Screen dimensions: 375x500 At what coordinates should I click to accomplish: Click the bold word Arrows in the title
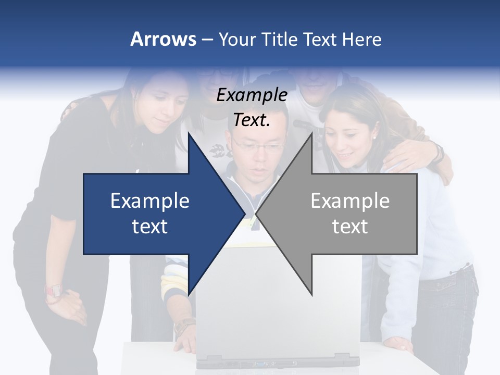[x=164, y=40]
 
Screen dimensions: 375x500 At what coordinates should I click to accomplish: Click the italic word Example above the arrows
[x=252, y=95]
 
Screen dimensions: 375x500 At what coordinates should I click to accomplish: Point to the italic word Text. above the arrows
[x=252, y=120]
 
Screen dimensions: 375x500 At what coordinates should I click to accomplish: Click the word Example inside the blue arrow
[x=150, y=201]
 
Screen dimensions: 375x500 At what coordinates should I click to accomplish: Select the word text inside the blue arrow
[x=150, y=226]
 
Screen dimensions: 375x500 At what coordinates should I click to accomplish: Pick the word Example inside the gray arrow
[x=350, y=201]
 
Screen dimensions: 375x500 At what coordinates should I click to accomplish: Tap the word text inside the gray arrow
[x=350, y=226]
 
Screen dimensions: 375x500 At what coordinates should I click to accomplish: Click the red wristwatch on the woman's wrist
[x=54, y=291]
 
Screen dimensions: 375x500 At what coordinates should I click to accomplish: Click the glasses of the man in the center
[x=259, y=147]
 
